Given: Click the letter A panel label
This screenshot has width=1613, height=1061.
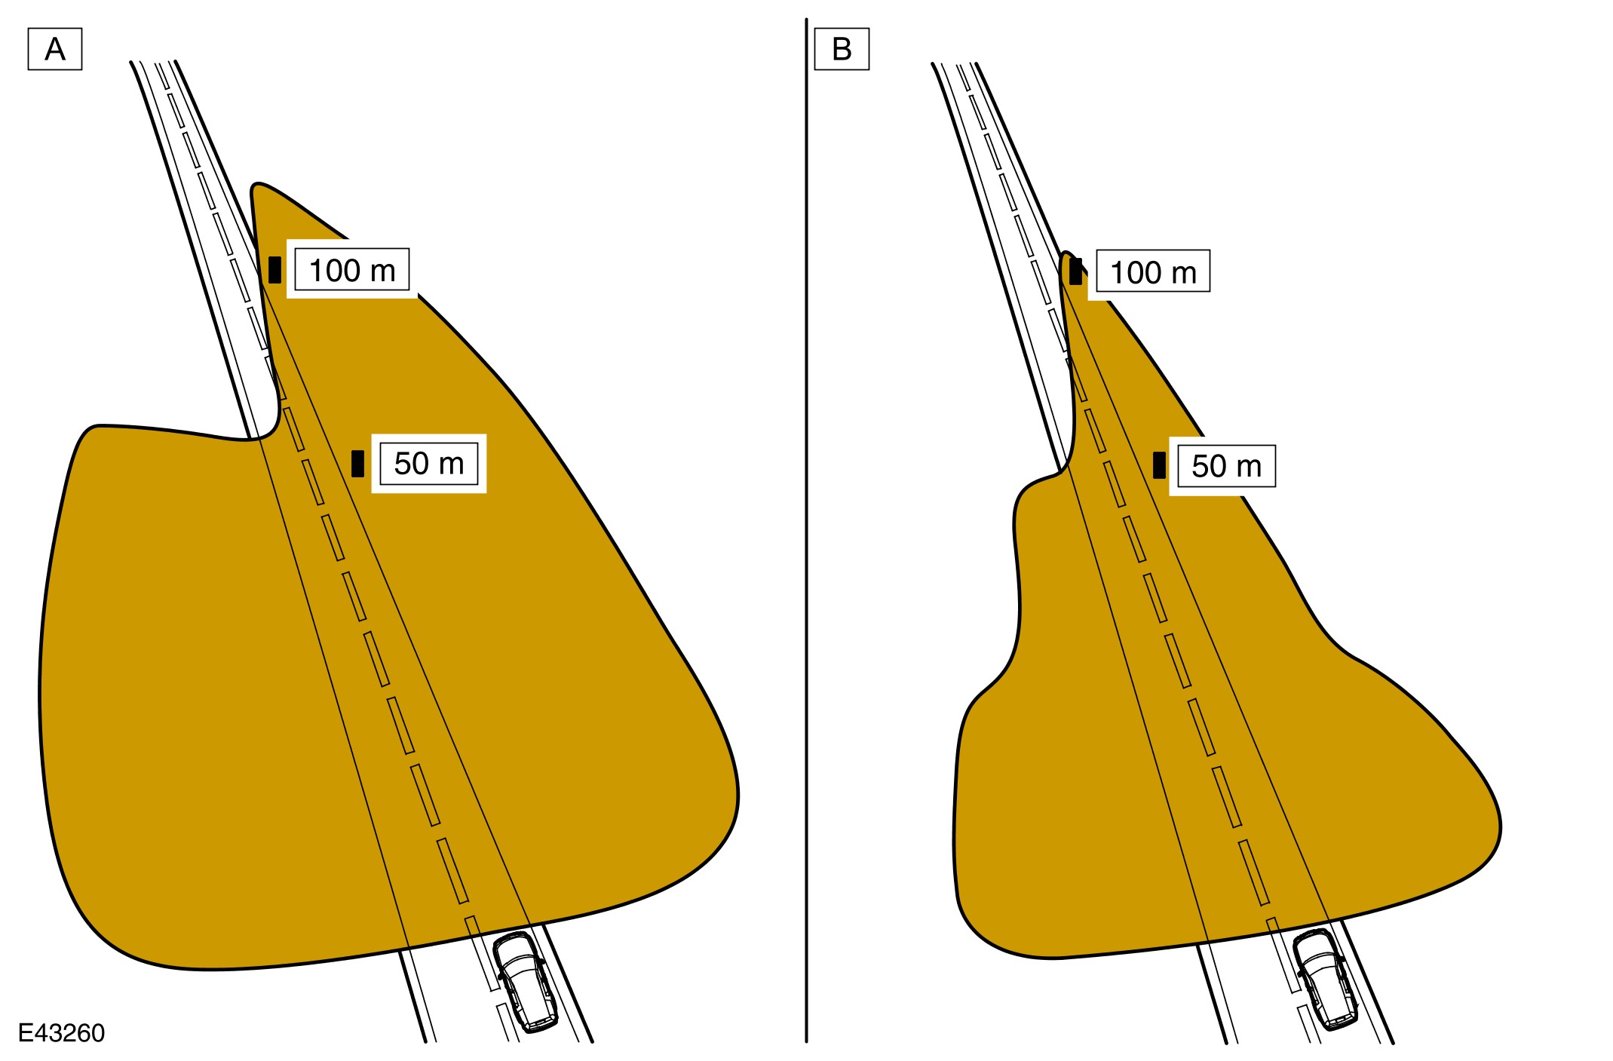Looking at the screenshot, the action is click(x=55, y=49).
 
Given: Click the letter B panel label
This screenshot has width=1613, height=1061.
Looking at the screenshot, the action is click(x=842, y=49).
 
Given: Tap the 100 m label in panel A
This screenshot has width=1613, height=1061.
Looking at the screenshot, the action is click(x=352, y=270).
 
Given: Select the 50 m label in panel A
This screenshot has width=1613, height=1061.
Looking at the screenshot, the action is click(x=429, y=463).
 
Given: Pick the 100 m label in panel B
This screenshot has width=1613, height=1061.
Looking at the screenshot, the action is click(x=1153, y=271).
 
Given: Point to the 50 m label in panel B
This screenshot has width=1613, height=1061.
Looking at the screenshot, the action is click(x=1227, y=466).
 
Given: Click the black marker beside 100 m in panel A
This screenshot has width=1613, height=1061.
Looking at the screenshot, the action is click(x=275, y=270).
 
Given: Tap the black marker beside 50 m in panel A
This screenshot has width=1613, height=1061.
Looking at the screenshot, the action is click(x=358, y=464).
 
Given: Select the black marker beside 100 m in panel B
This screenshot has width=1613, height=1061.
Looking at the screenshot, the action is click(x=1076, y=271).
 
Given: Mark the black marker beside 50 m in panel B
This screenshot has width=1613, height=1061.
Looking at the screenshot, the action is click(x=1160, y=465).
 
